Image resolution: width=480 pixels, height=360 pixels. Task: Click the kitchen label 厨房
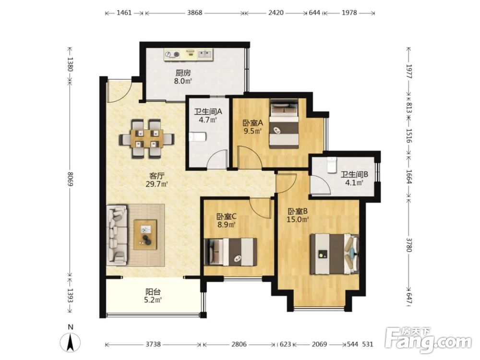[183, 73]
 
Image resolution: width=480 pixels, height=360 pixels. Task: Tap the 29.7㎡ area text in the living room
[157, 184]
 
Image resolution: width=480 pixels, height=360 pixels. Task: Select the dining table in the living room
[146, 139]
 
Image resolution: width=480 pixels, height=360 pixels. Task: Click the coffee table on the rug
[145, 235]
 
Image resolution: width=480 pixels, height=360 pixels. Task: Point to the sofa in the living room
[117, 235]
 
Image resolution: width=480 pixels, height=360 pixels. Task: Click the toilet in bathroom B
[331, 165]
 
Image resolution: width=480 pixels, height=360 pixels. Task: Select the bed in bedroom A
[284, 123]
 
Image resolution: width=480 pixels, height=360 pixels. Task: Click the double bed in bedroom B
[334, 254]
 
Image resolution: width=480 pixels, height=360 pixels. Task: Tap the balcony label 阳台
[153, 292]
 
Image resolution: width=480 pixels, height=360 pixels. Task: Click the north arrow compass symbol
[71, 342]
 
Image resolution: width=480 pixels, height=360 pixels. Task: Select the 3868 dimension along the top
[194, 13]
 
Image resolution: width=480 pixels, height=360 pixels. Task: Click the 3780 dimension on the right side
[409, 245]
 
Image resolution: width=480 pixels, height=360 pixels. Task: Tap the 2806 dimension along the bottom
[239, 344]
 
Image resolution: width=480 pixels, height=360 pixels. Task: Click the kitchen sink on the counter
[204, 54]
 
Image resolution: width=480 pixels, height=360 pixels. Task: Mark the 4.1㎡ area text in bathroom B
[354, 183]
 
